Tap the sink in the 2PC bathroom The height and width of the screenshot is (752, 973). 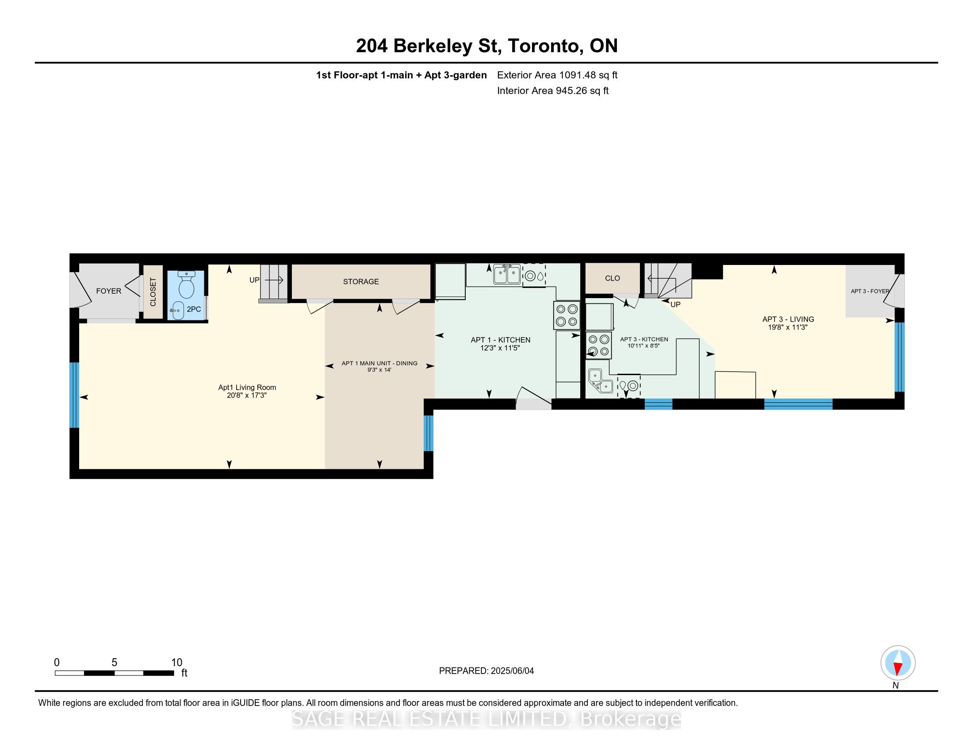coord(177,310)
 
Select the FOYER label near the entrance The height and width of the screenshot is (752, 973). coord(109,291)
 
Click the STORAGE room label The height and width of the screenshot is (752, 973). coord(361,281)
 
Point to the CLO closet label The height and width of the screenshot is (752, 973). coord(613,278)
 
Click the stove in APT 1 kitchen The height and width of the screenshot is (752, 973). coord(567,315)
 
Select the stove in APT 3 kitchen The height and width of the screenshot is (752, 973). coord(598,346)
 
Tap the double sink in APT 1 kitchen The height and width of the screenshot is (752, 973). coord(507,274)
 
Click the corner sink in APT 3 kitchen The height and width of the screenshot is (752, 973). coord(601,381)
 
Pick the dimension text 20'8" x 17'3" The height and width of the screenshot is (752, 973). coord(247,395)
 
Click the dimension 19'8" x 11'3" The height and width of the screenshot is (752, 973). coord(788,327)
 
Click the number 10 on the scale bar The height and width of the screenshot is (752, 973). coord(177,663)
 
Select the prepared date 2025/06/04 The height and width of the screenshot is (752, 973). coord(511,671)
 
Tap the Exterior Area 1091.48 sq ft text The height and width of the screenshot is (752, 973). coord(557,75)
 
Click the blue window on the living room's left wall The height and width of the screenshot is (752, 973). coord(74,395)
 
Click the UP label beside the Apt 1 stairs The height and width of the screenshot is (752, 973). coord(254,280)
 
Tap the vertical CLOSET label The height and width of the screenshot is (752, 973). coord(153,292)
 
